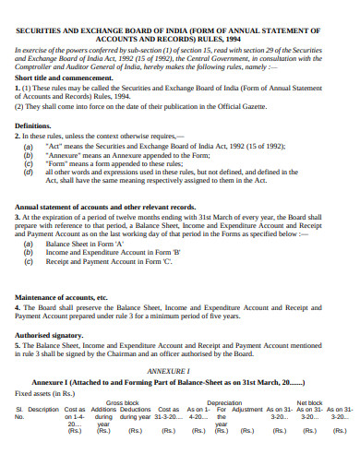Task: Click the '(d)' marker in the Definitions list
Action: coord(29,171)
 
